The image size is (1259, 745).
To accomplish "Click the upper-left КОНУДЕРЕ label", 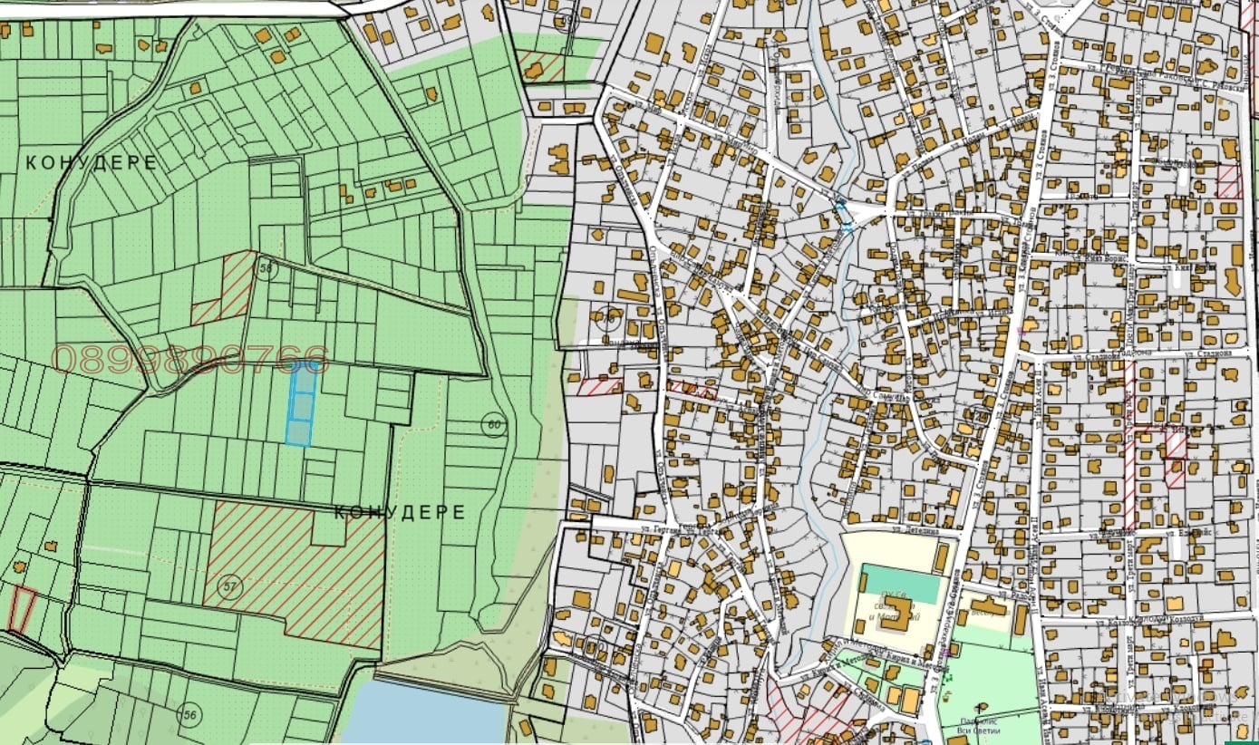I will (x=92, y=163).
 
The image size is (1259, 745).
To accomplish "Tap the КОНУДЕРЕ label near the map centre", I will (x=400, y=512).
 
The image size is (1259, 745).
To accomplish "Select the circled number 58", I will (x=266, y=269).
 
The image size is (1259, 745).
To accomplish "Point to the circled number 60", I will (x=493, y=424).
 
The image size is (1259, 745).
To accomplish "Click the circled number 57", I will (x=231, y=587).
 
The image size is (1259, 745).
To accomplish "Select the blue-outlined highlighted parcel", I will (x=300, y=407).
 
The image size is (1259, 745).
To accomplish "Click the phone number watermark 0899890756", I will (x=190, y=359).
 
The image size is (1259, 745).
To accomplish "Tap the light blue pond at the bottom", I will (x=425, y=713).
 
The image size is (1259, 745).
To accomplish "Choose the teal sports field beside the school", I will (x=900, y=584).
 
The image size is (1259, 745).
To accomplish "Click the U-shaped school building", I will (x=894, y=623).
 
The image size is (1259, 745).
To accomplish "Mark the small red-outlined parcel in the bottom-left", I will (x=22, y=609).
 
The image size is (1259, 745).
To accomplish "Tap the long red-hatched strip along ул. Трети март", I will (x=1129, y=444).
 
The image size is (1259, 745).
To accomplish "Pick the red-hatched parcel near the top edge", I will (x=541, y=66).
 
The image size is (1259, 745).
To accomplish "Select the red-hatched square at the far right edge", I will (x=1229, y=181).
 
